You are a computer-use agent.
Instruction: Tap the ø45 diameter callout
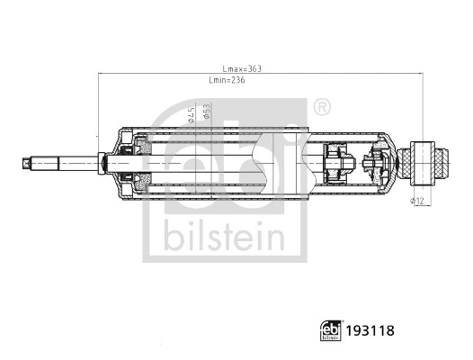(x=190, y=115)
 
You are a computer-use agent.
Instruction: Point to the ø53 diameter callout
(x=207, y=112)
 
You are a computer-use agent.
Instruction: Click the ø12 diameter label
(x=416, y=200)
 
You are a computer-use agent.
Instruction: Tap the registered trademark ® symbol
(x=320, y=107)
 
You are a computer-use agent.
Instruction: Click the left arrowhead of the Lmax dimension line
(x=100, y=75)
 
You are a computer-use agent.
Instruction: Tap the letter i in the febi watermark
(x=288, y=157)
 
